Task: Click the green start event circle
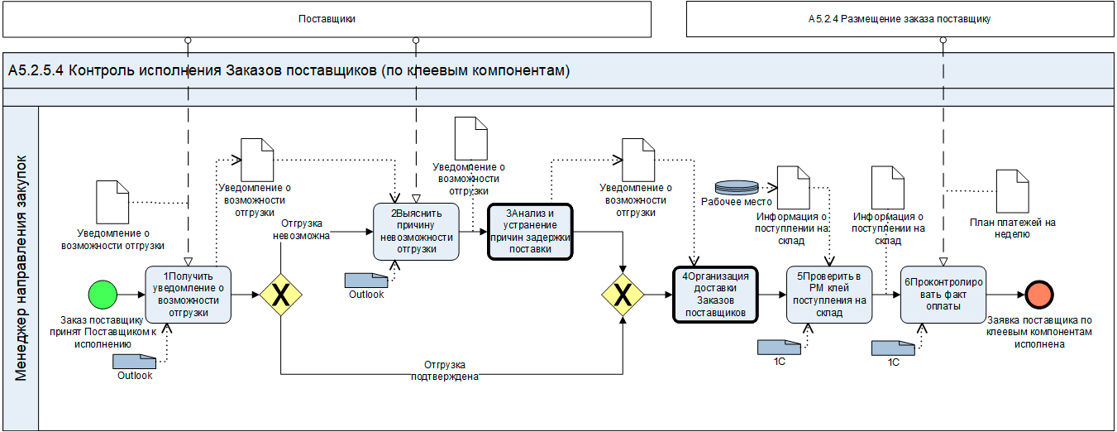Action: tap(103, 294)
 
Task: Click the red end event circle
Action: tap(1038, 294)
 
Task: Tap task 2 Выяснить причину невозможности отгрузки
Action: tap(416, 231)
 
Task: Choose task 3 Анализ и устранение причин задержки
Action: tap(530, 230)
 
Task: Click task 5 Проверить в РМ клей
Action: tap(829, 295)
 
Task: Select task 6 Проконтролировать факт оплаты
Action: tap(943, 295)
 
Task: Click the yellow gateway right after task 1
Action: tap(281, 295)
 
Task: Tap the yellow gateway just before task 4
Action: tap(623, 295)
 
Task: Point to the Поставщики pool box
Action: tap(327, 19)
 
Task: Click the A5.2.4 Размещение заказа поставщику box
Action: tap(900, 19)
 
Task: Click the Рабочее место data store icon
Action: tap(736, 186)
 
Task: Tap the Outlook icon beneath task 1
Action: tap(134, 361)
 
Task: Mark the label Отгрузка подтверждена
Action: tap(446, 371)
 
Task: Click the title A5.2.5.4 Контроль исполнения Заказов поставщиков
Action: tap(289, 71)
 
